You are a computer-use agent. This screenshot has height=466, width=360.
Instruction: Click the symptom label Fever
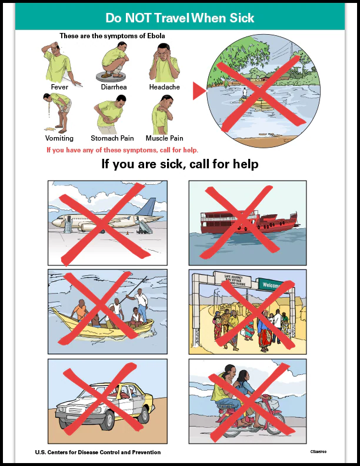tap(59, 87)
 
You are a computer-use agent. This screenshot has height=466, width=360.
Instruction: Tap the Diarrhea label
tap(114, 87)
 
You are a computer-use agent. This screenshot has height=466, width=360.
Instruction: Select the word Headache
tap(165, 87)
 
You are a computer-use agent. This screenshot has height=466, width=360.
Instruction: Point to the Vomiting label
tap(59, 138)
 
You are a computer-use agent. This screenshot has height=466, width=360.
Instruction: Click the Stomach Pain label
tap(112, 138)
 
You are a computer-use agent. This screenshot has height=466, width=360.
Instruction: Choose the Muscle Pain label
tap(165, 138)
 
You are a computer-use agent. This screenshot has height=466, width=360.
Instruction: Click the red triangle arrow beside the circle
tap(199, 90)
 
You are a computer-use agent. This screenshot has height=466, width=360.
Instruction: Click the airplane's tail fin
tap(151, 208)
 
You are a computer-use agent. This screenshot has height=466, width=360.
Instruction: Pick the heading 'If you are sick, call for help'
tap(180, 164)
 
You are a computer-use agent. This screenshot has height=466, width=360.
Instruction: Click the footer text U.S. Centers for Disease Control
tap(98, 452)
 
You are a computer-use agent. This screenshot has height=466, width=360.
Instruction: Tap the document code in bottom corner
tap(318, 452)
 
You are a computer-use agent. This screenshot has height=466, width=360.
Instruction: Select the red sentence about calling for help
tap(122, 150)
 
